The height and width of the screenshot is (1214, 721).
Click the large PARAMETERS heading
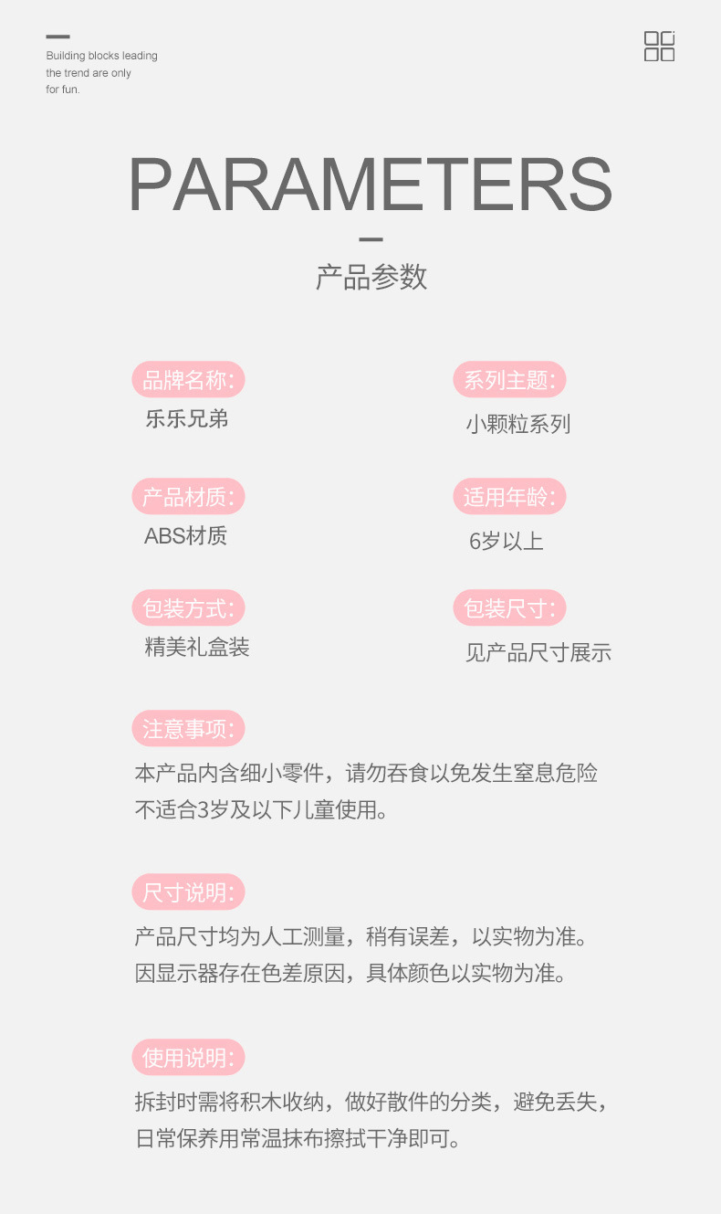(x=370, y=186)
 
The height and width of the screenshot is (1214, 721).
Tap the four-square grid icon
(x=659, y=46)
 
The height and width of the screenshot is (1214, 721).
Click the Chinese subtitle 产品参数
(x=371, y=277)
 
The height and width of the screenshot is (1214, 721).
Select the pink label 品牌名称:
(x=189, y=380)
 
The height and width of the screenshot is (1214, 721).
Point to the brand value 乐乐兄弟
(x=186, y=419)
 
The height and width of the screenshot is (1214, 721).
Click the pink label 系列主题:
(x=509, y=380)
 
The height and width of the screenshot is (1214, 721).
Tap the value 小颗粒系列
(x=517, y=424)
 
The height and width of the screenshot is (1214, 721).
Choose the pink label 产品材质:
(x=189, y=497)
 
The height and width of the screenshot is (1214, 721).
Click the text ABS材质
(x=185, y=536)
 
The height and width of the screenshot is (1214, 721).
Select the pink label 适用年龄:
(x=509, y=497)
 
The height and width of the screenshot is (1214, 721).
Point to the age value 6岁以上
(x=506, y=541)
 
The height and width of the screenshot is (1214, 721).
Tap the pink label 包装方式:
(x=189, y=608)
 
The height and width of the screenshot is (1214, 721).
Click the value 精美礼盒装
(x=197, y=648)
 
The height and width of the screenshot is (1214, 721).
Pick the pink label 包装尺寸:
(x=509, y=608)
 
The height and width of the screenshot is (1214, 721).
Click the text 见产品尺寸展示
(x=538, y=652)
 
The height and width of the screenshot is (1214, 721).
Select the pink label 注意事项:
(x=189, y=729)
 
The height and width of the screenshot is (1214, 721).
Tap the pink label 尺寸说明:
(x=189, y=892)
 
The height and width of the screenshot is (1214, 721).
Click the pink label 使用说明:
(x=189, y=1058)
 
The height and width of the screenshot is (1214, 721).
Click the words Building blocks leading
(x=101, y=56)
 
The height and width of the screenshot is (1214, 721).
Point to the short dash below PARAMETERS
(x=371, y=239)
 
